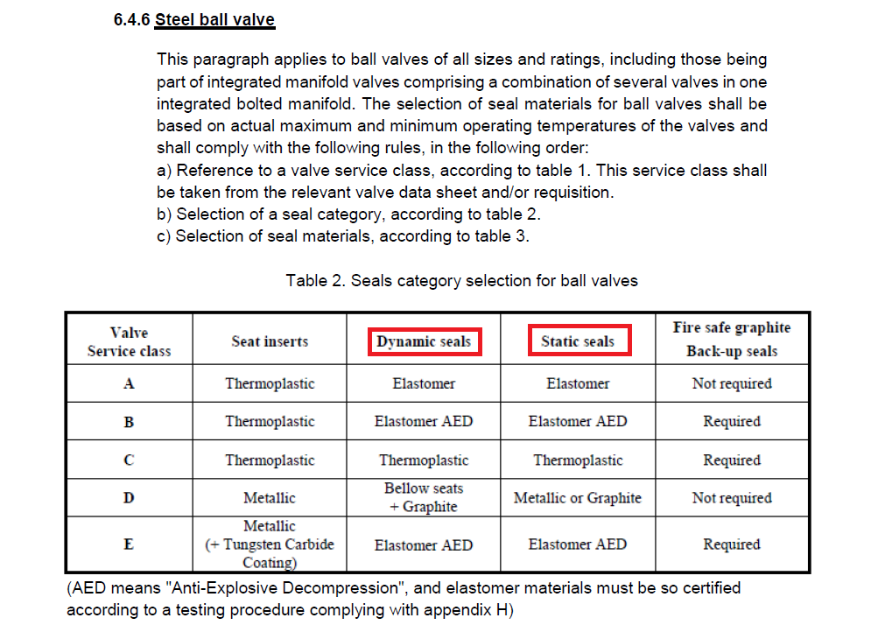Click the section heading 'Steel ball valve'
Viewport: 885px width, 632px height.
click(214, 19)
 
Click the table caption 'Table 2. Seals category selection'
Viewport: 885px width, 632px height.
click(461, 281)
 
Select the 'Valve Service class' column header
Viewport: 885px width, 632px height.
click(129, 341)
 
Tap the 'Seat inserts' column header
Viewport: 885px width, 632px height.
click(270, 341)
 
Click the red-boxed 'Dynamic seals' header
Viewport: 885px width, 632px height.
click(424, 341)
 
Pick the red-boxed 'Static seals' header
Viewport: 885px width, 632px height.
click(578, 341)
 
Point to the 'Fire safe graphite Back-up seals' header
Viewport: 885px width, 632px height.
click(731, 340)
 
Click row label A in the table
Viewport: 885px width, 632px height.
click(129, 383)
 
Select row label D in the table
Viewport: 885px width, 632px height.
click(129, 498)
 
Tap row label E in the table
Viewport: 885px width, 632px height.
click(129, 544)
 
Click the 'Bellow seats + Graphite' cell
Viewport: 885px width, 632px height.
click(424, 497)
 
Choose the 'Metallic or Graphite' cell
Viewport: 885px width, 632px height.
click(578, 498)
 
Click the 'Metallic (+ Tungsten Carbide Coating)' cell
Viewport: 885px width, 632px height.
click(270, 544)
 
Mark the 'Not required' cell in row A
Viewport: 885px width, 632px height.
click(731, 383)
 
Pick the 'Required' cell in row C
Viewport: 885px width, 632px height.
click(731, 460)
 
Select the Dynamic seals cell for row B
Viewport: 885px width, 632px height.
click(424, 421)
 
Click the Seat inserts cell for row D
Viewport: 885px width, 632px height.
click(270, 498)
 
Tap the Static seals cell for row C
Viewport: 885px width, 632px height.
click(578, 460)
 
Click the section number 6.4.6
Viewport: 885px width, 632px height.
click(131, 19)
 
